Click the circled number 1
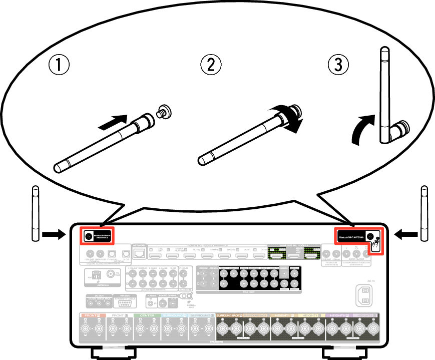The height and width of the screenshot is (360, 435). coord(59,65)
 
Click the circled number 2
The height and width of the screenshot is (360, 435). coord(211,65)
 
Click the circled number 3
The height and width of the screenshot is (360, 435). coord(338,65)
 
